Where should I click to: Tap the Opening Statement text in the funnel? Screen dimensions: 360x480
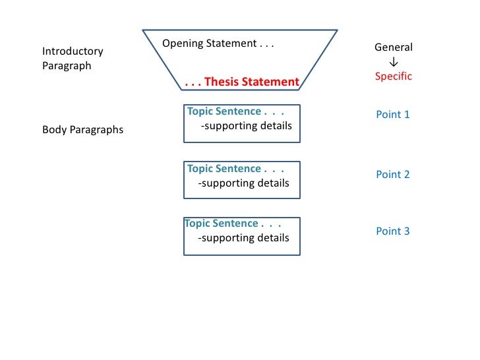(218, 44)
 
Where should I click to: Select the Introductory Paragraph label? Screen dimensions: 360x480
(73, 58)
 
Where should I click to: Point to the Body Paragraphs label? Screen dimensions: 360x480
(82, 130)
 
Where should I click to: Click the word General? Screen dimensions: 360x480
(394, 47)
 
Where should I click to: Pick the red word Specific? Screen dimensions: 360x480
(394, 76)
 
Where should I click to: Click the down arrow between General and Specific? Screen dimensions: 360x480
(394, 61)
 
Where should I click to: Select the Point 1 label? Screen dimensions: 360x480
(393, 115)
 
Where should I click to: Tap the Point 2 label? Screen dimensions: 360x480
(393, 175)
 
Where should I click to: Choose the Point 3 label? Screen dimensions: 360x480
(393, 231)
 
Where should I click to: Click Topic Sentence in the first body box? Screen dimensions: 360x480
(224, 112)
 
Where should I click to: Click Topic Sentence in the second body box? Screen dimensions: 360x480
(224, 169)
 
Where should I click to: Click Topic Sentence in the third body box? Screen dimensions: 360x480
(222, 224)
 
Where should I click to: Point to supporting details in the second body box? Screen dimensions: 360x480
(244, 183)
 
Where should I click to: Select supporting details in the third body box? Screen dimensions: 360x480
(244, 238)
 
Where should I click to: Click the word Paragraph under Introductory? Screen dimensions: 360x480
(67, 66)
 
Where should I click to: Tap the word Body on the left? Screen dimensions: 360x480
(53, 130)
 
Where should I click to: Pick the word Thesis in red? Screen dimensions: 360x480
(220, 82)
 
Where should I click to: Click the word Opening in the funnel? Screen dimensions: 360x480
(182, 44)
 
